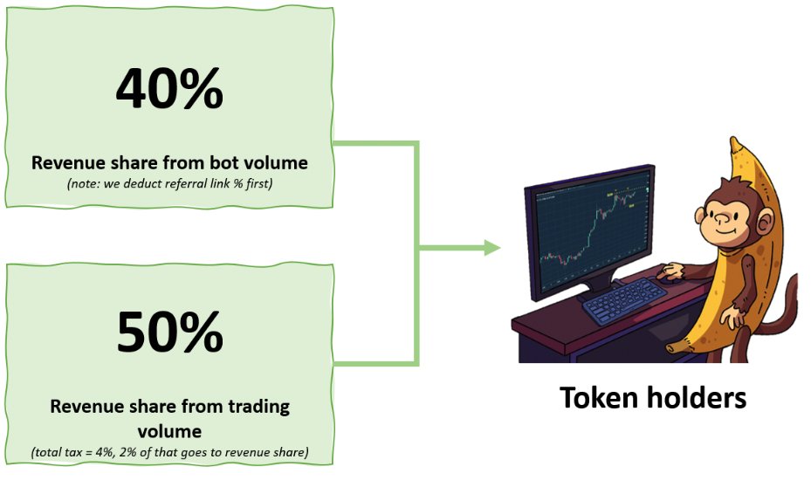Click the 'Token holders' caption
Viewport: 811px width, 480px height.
[652, 398]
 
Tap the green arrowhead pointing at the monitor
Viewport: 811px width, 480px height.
[491, 249]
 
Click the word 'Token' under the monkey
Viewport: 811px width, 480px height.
[599, 398]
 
